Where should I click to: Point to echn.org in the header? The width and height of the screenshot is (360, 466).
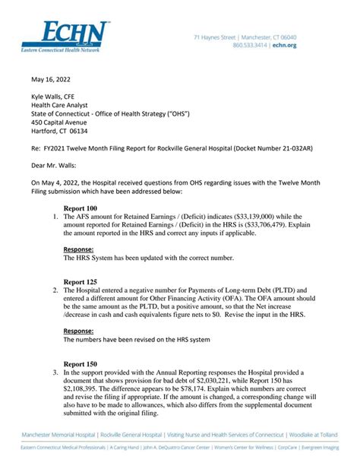coord(306,46)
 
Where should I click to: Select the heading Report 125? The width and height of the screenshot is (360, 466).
coord(81,281)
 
